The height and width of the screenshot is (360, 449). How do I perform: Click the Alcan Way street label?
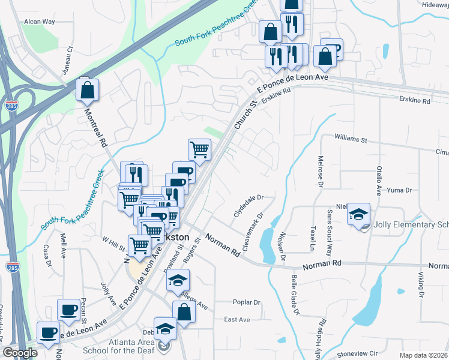[x=39, y=22]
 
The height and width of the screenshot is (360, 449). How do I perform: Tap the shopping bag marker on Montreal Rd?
[x=87, y=91]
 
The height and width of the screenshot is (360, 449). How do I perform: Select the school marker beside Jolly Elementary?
[x=358, y=215]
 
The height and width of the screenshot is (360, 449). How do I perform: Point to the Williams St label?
[x=351, y=139]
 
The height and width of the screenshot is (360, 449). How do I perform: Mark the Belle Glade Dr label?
[x=295, y=295]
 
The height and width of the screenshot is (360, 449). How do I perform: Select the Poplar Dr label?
[x=247, y=303]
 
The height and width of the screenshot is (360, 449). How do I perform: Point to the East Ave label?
[x=237, y=320]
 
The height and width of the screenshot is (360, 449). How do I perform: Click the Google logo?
[x=20, y=352]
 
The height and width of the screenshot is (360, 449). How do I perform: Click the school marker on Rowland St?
[x=178, y=280]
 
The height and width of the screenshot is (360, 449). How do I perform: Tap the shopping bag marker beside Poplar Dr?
[x=184, y=312]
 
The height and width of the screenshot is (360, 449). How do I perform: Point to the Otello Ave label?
[x=379, y=181]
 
